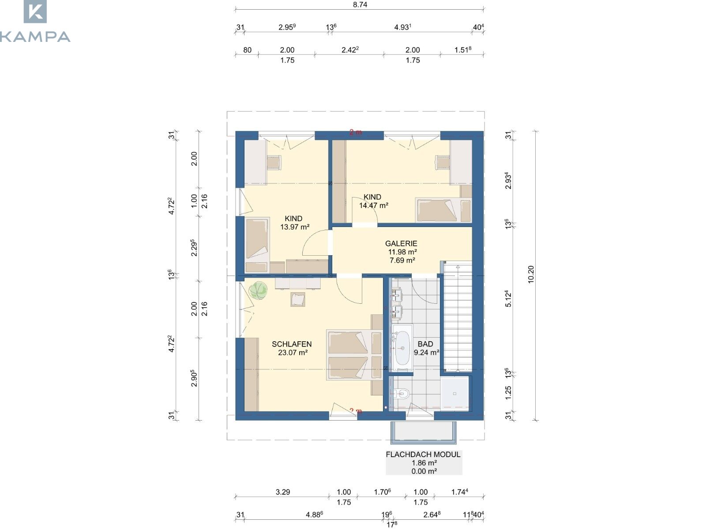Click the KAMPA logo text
[35, 37]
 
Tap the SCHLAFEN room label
[291, 344]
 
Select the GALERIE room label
[401, 243]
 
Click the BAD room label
[425, 344]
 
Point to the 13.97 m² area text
[295, 227]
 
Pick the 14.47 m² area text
[373, 205]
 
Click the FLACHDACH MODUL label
[423, 454]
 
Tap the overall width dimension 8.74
[360, 4]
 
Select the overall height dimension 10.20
[531, 275]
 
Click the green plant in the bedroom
[258, 291]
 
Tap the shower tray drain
[455, 394]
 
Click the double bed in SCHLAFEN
[354, 355]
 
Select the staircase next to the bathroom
[458, 317]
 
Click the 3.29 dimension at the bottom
[283, 492]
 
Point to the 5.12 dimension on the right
[508, 299]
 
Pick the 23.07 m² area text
[293, 353]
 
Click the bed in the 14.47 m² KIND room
[443, 210]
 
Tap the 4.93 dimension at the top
[403, 27]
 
